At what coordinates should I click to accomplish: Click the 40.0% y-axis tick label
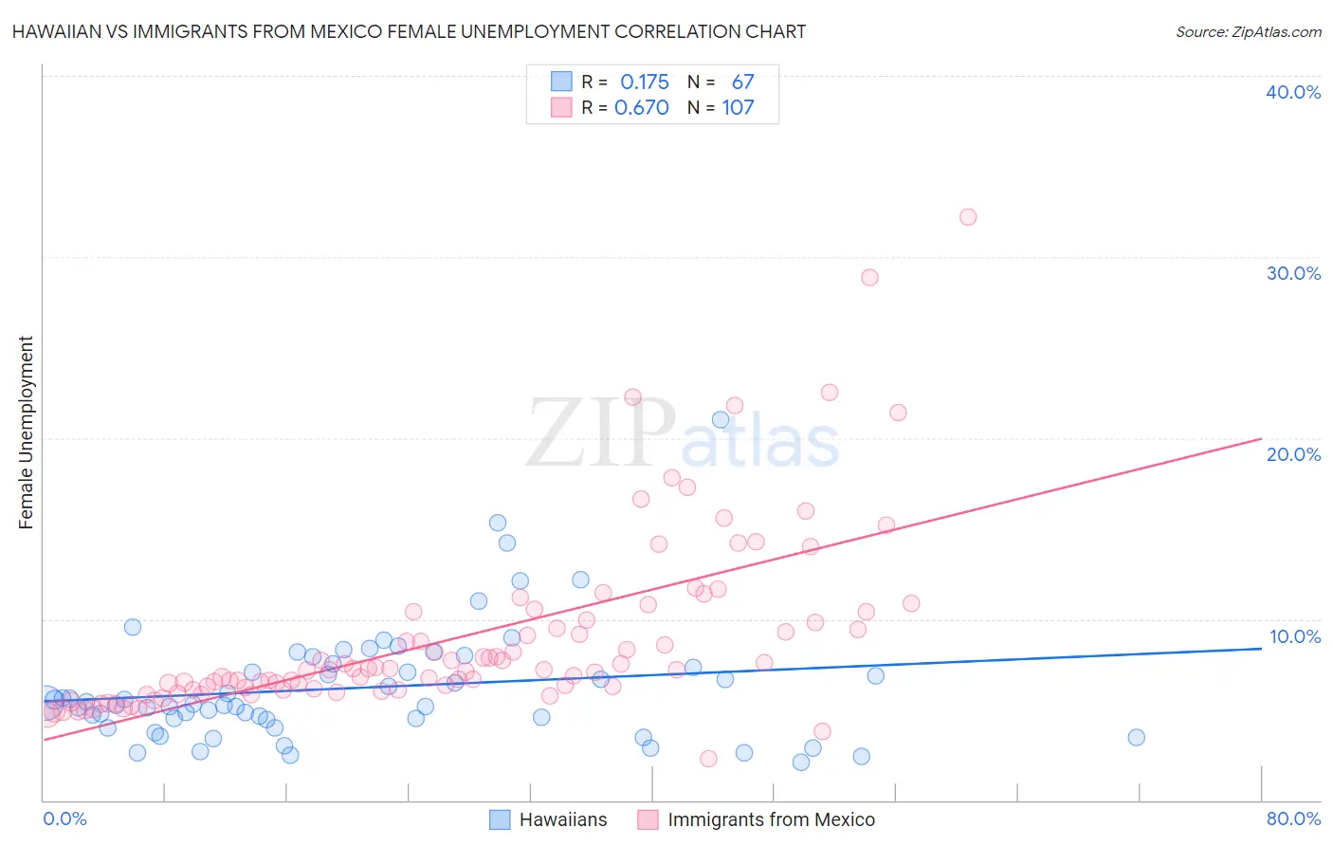pos(1293,92)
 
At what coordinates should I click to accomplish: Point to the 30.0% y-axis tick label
pos(1293,273)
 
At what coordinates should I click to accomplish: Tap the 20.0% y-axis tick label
pos(1293,454)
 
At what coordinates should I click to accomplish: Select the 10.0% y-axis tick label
pos(1293,636)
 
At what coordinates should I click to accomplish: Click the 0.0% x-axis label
pos(64,818)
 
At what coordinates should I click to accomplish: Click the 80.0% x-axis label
pos(1293,818)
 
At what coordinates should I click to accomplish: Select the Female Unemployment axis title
pos(26,432)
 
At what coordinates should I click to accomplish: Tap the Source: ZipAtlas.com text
pos(1248,31)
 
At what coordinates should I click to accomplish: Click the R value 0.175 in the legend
pos(645,82)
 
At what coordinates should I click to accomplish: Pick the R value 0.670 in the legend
pos(642,107)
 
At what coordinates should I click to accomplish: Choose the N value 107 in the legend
pos(738,107)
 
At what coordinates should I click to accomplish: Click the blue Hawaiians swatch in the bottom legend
pos(500,819)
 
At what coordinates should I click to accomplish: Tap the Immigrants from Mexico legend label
pos(771,819)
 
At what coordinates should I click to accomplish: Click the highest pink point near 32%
pos(967,217)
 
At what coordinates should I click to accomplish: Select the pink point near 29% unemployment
pos(869,278)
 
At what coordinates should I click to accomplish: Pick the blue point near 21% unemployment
pos(721,420)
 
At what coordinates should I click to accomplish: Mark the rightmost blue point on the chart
pos(1136,737)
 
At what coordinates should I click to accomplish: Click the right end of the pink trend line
pos(1261,438)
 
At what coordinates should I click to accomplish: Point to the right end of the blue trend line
pos(1261,649)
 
